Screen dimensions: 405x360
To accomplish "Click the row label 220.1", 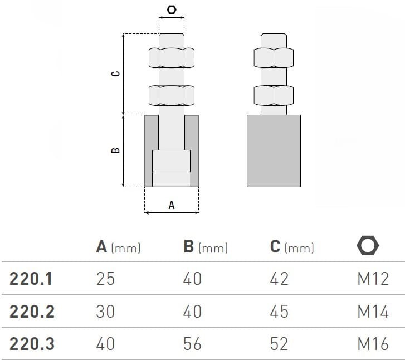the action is click(31, 279).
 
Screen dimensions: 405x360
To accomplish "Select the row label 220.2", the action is click(32, 312).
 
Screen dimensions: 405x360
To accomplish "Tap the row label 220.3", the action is click(32, 344).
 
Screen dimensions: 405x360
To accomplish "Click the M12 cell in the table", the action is click(373, 279).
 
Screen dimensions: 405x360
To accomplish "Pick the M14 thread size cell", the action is click(373, 312).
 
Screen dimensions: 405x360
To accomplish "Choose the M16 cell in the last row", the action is click(373, 344).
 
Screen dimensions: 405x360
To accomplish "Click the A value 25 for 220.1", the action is click(105, 279).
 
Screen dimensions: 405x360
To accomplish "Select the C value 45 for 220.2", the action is click(279, 312).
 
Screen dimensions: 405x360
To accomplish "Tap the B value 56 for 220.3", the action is click(192, 344).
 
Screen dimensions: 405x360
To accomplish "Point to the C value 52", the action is click(279, 344).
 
